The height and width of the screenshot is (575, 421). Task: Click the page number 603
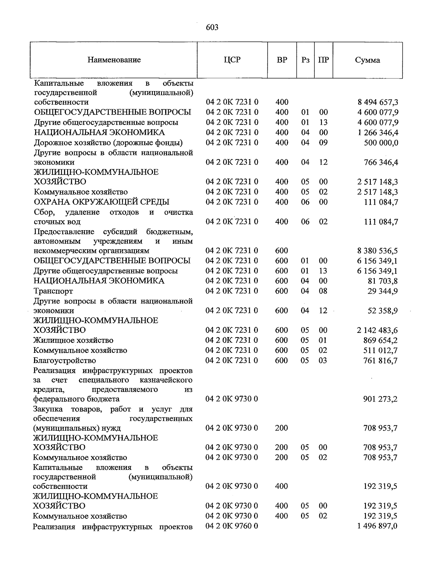(212, 27)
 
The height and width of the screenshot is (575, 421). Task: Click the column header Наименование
(114, 60)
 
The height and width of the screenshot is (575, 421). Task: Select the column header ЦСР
(232, 60)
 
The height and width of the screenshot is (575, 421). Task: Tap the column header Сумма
(367, 60)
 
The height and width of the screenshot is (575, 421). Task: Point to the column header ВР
(282, 60)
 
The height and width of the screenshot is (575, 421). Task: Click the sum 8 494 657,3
(377, 103)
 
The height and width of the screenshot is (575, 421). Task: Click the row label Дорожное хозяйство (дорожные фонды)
(108, 143)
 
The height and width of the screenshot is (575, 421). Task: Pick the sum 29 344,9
(382, 291)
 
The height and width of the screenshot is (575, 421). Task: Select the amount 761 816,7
(380, 361)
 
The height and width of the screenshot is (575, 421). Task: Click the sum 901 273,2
(380, 399)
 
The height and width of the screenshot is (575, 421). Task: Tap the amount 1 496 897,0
(377, 526)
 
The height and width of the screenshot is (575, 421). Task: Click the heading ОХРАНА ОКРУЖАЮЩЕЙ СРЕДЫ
(101, 202)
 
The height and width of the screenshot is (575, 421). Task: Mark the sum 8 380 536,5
(377, 251)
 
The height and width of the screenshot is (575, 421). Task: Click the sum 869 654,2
(380, 340)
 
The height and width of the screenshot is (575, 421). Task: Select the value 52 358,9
(382, 311)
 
